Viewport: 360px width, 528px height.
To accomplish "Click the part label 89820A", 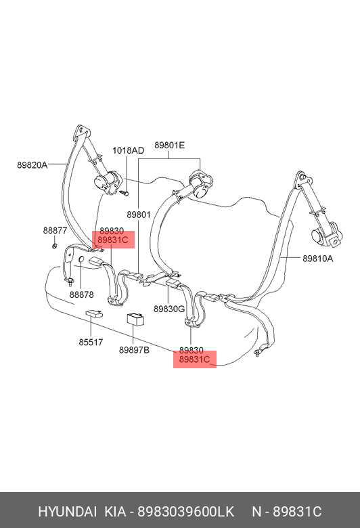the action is [x=32, y=165].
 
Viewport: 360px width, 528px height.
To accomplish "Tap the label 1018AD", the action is [x=128, y=150].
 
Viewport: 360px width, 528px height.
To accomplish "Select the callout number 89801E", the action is [x=170, y=145].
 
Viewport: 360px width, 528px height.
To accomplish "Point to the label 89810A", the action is [x=317, y=259].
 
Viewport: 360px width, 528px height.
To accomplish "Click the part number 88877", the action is [x=55, y=230].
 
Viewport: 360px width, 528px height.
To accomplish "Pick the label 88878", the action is [x=81, y=294].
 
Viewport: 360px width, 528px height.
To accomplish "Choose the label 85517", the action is [x=91, y=342].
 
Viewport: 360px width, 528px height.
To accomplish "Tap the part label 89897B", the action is [x=134, y=350].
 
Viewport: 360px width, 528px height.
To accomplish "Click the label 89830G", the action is [x=169, y=309].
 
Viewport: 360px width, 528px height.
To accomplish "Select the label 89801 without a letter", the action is [x=139, y=215].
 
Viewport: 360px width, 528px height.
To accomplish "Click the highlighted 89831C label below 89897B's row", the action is [x=194, y=359].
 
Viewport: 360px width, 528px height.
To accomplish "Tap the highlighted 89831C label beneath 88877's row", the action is [x=113, y=240].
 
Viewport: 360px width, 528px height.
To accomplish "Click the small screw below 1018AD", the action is [x=125, y=194].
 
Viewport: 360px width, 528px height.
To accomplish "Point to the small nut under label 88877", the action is [x=54, y=246].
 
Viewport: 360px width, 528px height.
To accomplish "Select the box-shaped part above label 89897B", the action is [x=136, y=320].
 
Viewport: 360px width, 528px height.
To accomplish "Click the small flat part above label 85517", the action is [x=94, y=314].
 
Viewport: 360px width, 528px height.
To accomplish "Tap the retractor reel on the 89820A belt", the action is [x=106, y=182].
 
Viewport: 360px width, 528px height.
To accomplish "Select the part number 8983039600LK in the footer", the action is [x=186, y=512].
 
